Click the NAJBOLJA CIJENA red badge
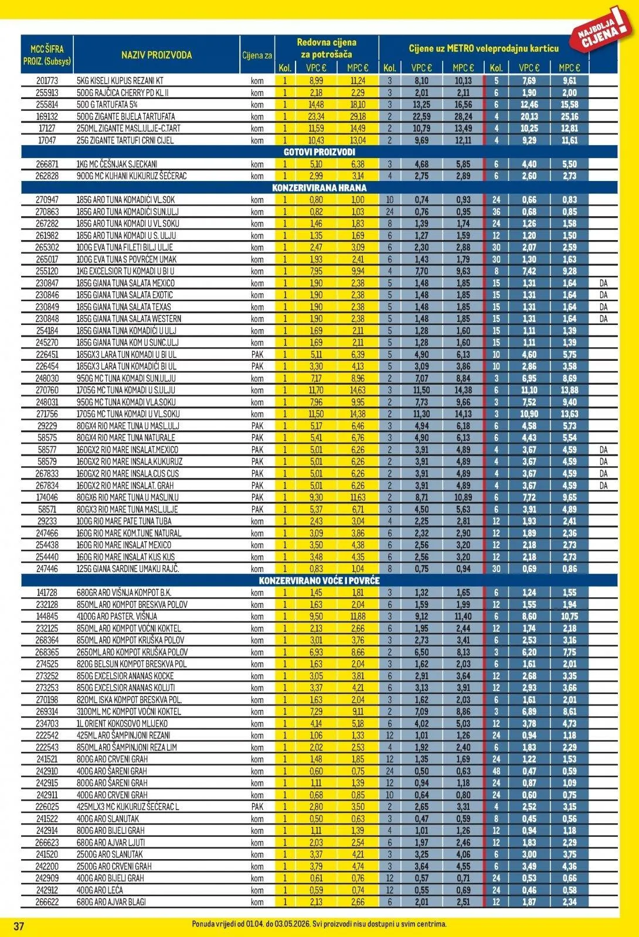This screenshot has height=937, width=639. [600, 31]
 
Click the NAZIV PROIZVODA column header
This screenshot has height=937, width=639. [157, 55]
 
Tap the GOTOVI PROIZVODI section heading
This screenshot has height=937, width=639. [319, 152]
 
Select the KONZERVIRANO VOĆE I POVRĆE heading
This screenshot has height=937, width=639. [319, 580]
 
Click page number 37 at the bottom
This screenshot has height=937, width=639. [19, 926]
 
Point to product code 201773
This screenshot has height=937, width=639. [47, 81]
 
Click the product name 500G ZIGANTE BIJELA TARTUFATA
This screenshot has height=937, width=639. [125, 117]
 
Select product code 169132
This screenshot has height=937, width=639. [47, 117]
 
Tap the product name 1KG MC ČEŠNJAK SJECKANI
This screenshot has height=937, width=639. [117, 165]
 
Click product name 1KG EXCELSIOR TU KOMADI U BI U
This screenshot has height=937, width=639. [125, 271]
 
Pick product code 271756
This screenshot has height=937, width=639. [47, 414]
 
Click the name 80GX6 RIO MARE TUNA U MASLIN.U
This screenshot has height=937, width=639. [127, 497]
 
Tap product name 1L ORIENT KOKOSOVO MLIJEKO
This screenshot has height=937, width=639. [122, 723]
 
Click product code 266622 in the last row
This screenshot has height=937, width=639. [47, 902]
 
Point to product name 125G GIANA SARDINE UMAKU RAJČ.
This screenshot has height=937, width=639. [127, 569]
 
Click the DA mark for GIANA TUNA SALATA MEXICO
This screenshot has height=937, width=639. [603, 283]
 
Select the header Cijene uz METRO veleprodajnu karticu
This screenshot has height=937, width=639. [483, 49]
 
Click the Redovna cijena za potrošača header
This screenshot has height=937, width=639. [326, 48]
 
